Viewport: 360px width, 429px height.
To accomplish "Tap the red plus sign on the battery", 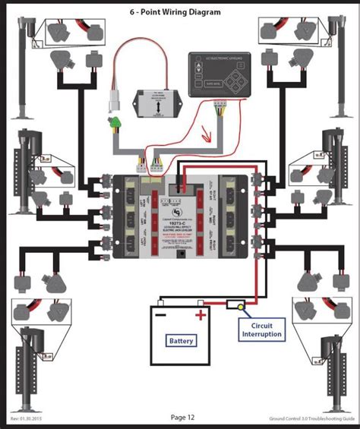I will click(200, 314).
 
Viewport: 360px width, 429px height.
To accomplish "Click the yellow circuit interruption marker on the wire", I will click(241, 308).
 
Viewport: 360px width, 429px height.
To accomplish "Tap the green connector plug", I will click(116, 122).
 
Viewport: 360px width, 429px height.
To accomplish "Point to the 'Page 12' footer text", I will click(183, 417).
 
